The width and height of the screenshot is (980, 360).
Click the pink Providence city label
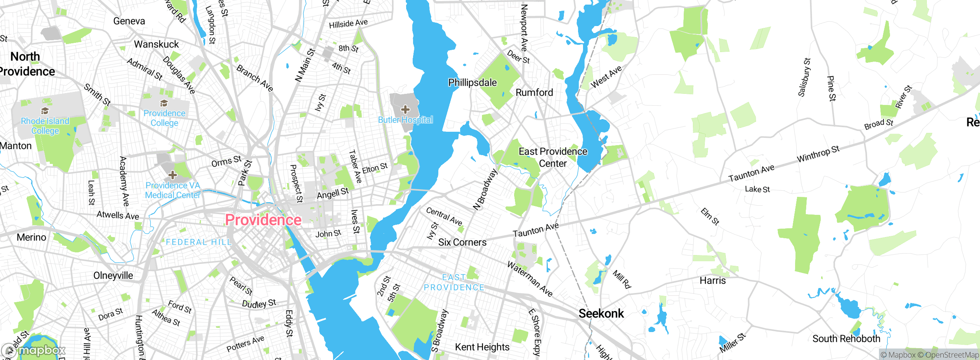pyautogui.click(x=263, y=220)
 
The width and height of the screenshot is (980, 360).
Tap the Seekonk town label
pyautogui.click(x=601, y=314)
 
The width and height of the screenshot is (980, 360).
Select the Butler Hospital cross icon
pyautogui.click(x=405, y=110)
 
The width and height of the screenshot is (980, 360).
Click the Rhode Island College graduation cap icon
pyautogui.click(x=45, y=111)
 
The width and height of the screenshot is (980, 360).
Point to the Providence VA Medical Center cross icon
pyautogui.click(x=173, y=175)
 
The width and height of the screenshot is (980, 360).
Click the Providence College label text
pyautogui.click(x=164, y=118)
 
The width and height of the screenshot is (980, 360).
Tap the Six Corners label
pyautogui.click(x=462, y=242)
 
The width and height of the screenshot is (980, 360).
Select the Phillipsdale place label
pyautogui.click(x=472, y=83)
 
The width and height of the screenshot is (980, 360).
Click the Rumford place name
pyautogui.click(x=534, y=93)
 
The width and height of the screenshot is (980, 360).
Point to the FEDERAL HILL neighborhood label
pyautogui.click(x=199, y=242)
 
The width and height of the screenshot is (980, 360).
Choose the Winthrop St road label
pyautogui.click(x=818, y=154)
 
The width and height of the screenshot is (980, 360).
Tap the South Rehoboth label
pyautogui.click(x=846, y=339)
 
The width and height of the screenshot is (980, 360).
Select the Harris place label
pyautogui.click(x=712, y=281)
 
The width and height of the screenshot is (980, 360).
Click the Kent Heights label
pyautogui.click(x=482, y=347)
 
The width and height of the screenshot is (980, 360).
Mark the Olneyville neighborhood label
pyautogui.click(x=113, y=276)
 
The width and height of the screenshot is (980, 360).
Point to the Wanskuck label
pyautogui.click(x=156, y=44)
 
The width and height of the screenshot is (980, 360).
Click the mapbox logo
pyautogui.click(x=34, y=350)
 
